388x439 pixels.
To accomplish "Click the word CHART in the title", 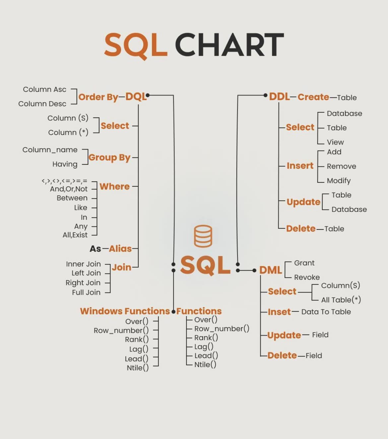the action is point(229,45).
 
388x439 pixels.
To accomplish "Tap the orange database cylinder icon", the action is point(203,236).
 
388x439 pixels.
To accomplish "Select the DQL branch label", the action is point(136,96).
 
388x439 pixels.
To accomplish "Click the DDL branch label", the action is point(279,96).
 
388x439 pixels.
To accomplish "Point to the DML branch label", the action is point(271,270).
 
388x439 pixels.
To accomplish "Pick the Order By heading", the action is point(98,97).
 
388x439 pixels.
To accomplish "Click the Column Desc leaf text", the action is point(42,104).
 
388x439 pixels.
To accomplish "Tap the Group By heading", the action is point(109,158).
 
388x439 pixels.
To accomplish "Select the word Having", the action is point(65,164).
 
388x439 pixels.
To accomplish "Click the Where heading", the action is point(114,187).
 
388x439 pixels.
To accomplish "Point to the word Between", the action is point(72,198).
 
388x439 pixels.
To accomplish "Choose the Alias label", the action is point(120,249).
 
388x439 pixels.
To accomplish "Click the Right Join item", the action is point(83,283).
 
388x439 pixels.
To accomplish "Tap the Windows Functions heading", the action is point(125,311).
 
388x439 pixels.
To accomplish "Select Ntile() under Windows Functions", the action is point(138,368).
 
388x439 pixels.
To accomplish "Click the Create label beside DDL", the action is point(313,97).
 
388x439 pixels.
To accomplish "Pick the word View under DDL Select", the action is point(335,142).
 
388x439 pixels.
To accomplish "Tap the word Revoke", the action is point(307,277).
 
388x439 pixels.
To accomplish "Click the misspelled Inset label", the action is point(279,312).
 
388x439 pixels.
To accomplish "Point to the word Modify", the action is point(339,181).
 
